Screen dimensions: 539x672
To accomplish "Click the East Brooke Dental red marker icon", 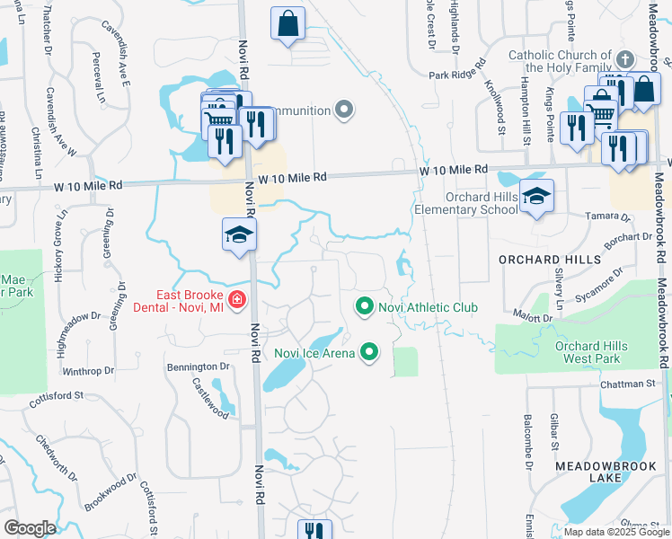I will (x=237, y=299).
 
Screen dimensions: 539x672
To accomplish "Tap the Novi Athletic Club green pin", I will (x=364, y=307).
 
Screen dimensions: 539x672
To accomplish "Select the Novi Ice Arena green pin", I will (x=368, y=352).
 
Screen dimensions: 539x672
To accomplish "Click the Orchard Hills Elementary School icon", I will (x=536, y=197).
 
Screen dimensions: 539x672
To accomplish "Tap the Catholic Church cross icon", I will (x=625, y=60).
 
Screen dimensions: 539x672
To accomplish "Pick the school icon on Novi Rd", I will (x=240, y=234).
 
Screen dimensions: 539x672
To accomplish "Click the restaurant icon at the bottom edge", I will (x=314, y=531).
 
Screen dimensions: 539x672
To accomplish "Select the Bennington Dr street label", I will (x=198, y=367).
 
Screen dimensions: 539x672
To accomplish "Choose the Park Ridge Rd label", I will (x=456, y=75).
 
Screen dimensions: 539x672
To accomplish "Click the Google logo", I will (x=30, y=528).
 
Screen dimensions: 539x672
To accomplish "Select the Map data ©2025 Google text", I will (x=616, y=532).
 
